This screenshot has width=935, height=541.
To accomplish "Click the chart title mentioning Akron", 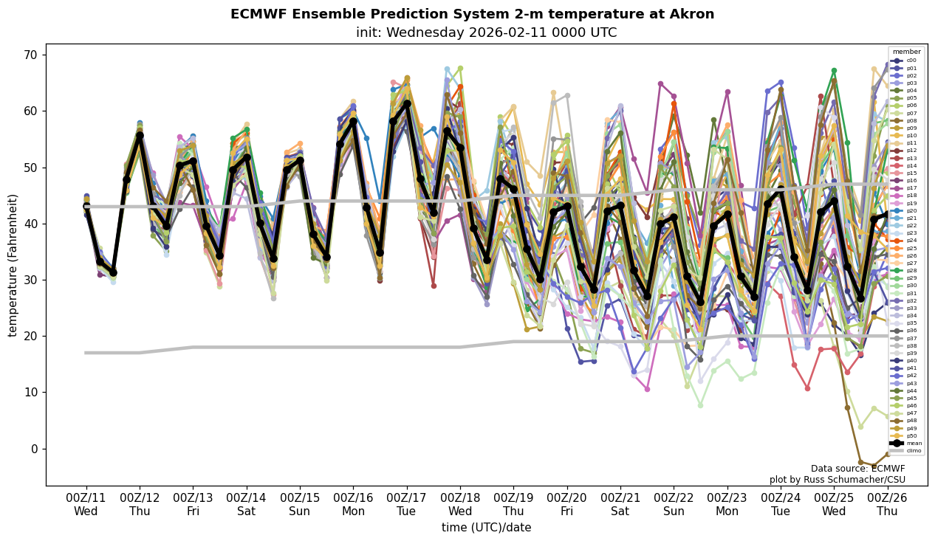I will pos(472,14).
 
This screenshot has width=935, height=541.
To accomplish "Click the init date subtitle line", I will pos(486,32).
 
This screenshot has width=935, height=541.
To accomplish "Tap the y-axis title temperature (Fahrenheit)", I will pos(13,265).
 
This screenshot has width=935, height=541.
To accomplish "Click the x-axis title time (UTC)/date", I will pos(486,528).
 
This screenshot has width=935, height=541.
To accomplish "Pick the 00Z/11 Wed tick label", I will pos(86,505).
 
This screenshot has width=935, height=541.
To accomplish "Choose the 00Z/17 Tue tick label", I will pos(407,505).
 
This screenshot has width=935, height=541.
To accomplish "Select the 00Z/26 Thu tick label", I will pos(888,505).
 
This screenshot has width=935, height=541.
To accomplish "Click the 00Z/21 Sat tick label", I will pos(620,505).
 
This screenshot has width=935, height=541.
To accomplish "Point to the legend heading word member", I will pos(907,52).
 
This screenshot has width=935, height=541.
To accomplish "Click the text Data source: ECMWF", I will pos(857,469).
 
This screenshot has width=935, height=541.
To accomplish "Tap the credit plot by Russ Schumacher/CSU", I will pos(837,480).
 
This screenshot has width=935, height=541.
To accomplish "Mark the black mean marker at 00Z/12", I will pos(140,136).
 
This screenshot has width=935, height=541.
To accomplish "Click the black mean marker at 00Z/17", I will pos(407,104).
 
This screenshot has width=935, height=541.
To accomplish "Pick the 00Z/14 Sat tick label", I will pos(247,505).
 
